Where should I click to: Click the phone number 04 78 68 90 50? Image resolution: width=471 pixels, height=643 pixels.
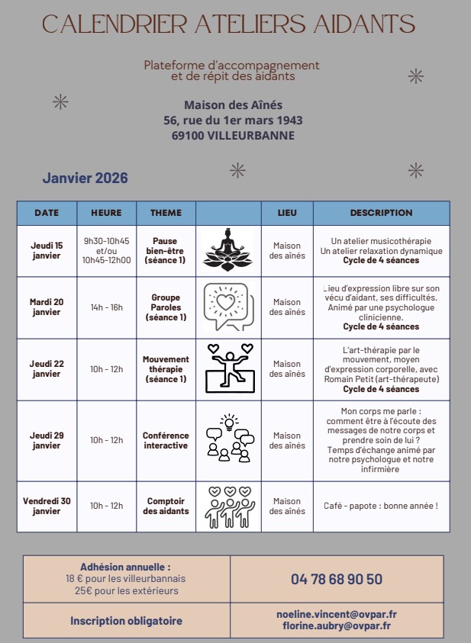coord(336,579)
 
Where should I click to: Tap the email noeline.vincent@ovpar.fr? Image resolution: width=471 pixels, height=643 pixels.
coord(336,614)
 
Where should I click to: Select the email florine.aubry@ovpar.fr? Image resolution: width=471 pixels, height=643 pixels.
coord(336,625)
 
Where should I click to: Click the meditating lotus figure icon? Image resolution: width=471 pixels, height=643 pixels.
coord(227,249)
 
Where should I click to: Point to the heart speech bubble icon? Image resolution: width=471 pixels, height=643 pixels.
coord(227,307)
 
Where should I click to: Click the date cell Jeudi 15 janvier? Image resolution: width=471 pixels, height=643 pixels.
coord(47,250)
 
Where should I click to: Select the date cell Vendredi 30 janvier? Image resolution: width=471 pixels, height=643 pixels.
coord(47,506)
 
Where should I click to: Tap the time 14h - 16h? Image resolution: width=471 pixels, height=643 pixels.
coord(106,307)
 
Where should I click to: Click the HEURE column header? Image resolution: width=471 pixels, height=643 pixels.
coord(106,213)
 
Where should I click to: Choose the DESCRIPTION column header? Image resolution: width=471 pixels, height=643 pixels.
coord(381,213)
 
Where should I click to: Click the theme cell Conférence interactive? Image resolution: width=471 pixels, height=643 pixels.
coord(166,440)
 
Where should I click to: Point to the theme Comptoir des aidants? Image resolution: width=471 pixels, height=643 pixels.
coord(166,506)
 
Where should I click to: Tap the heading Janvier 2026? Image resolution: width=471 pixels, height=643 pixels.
coord(85,178)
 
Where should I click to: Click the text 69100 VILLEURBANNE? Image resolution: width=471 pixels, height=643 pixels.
coord(233,136)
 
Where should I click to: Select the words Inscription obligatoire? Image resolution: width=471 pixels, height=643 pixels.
coord(126,621)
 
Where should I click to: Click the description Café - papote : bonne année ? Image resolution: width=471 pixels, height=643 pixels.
coord(381,506)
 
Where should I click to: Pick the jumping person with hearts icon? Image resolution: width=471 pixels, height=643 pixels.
coord(230,368)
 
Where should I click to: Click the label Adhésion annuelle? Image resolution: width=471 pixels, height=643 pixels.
coord(125,567)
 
